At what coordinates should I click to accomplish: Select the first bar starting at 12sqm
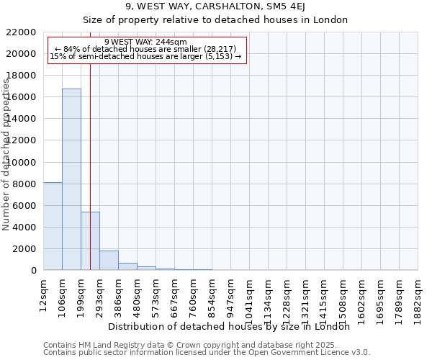point(53,226)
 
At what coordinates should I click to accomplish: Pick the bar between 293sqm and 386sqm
point(109,261)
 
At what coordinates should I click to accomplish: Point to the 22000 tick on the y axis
point(22,32)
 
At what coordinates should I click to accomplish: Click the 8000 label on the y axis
point(24,184)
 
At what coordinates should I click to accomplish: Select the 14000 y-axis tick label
point(22,119)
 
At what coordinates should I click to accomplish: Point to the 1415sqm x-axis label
point(325,295)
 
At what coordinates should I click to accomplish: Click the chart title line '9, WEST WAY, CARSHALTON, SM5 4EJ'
point(215,7)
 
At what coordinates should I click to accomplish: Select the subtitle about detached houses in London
point(215,20)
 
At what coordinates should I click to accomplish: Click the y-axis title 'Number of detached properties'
point(7,155)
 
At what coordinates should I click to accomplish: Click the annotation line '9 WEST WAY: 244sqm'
point(145,42)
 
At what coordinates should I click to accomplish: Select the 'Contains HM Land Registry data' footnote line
point(206,345)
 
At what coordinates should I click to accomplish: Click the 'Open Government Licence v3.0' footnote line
point(206,352)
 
